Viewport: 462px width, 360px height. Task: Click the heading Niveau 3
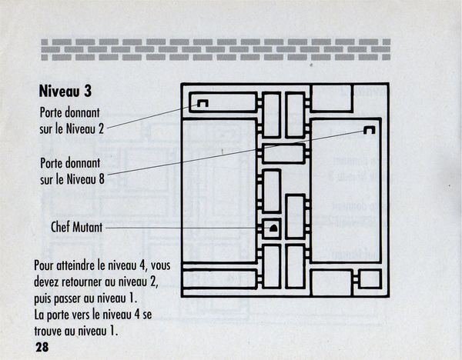point(65,91)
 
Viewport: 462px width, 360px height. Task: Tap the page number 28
point(42,348)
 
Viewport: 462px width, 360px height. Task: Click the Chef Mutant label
point(76,227)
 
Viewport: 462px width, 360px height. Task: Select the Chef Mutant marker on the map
point(273,228)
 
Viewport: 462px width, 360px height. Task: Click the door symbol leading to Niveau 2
point(203,103)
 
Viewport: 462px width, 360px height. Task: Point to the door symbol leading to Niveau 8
point(369,129)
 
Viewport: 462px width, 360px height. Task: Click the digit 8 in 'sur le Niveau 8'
point(102,179)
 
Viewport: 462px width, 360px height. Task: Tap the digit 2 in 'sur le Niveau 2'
point(101,128)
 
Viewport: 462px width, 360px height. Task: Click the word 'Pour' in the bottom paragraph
point(44,265)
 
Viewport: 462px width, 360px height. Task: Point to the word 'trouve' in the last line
point(48,331)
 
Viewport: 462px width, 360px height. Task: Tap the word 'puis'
point(42,299)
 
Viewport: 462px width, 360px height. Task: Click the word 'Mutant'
point(88,227)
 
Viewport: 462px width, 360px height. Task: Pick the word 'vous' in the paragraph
point(162,266)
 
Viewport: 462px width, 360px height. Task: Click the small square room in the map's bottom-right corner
point(370,278)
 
